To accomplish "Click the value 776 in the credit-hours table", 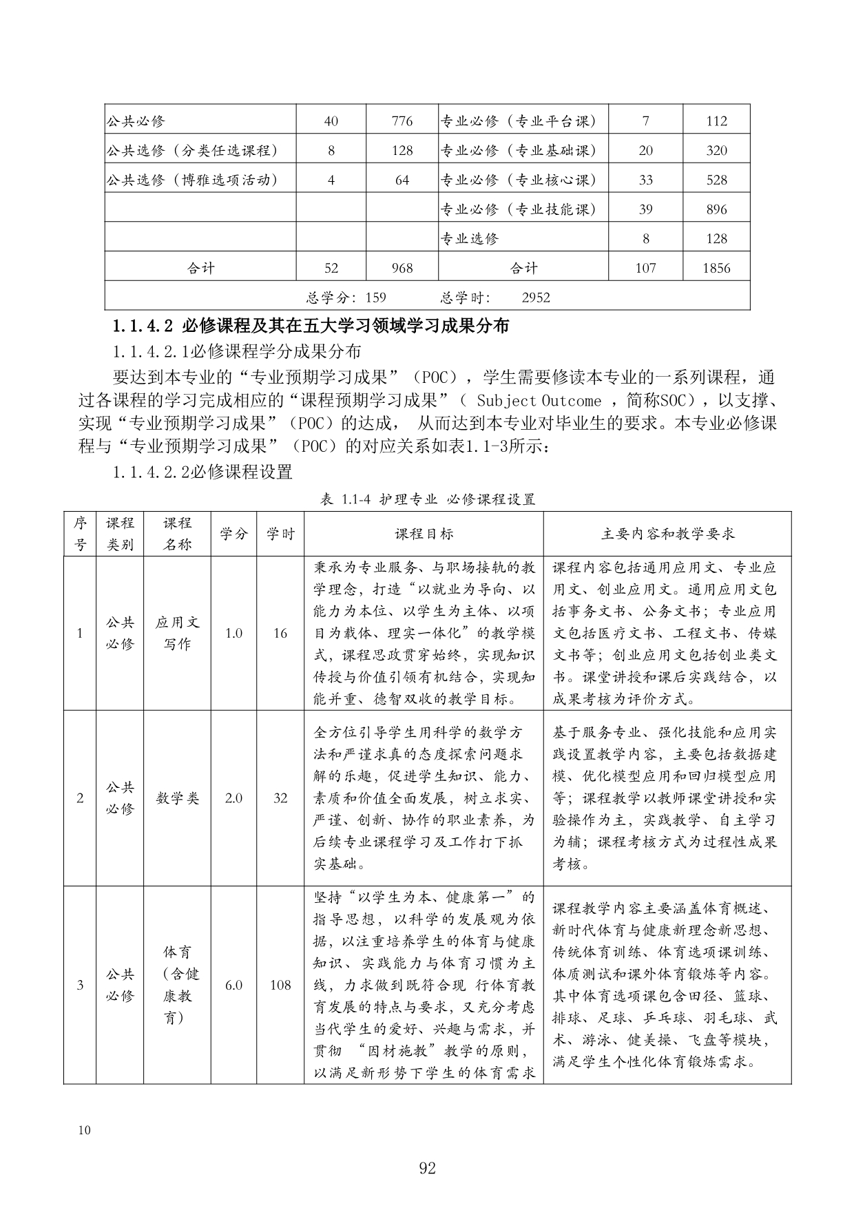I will (x=402, y=121).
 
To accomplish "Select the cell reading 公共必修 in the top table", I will (x=136, y=121).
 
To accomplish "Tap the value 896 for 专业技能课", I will (x=716, y=209).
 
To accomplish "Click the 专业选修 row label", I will (x=469, y=239).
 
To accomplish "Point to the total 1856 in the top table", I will (x=716, y=268).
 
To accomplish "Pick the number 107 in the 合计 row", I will (x=645, y=268).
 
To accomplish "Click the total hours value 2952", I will (x=536, y=298).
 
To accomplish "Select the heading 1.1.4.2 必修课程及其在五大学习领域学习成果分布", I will (x=311, y=326).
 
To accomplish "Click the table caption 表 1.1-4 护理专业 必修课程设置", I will (x=427, y=500).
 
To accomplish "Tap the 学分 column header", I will (x=233, y=534).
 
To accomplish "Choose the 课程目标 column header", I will (x=424, y=534).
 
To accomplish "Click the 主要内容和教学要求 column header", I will (x=667, y=534).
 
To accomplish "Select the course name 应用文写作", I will (x=177, y=633).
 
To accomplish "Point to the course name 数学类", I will (x=177, y=798).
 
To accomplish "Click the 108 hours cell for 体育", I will (x=280, y=985).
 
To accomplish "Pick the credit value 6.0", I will (x=233, y=985).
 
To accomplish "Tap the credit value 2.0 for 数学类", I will (x=233, y=798).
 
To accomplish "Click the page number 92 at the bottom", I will (x=427, y=1168).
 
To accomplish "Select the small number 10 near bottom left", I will (x=85, y=1130).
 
